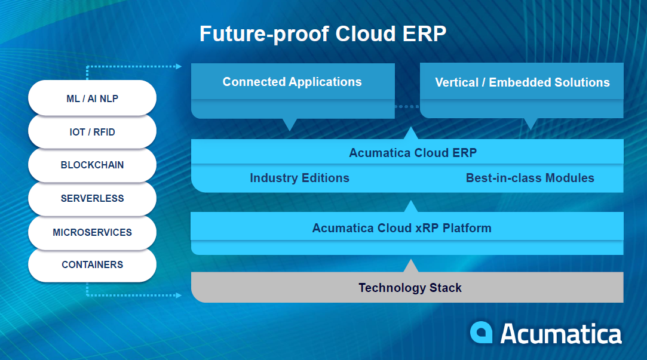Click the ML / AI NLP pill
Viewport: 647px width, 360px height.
pos(92,99)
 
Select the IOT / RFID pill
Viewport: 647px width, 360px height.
pos(92,132)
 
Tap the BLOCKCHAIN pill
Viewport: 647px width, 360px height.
pos(92,165)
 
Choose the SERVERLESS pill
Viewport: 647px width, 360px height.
pos(92,199)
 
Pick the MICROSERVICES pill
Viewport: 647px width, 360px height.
pos(92,232)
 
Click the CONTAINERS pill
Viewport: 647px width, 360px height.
pos(92,264)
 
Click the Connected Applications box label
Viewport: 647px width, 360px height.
pos(292,82)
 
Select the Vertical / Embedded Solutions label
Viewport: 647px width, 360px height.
pos(522,82)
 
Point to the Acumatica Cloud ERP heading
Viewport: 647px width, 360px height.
pos(413,153)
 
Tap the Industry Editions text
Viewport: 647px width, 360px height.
pos(299,178)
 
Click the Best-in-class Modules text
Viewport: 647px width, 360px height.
pos(530,178)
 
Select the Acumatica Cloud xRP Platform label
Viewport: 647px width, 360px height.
pos(401,228)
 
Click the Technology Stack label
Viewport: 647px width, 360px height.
pos(410,288)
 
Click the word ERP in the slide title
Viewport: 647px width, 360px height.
pos(425,33)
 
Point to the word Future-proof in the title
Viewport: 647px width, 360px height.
pos(263,33)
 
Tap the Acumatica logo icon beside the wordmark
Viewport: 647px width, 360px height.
pos(481,333)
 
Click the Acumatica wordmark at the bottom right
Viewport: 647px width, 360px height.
pos(560,333)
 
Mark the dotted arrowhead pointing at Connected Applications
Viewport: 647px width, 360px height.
pos(179,66)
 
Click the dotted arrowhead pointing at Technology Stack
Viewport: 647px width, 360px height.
pos(179,295)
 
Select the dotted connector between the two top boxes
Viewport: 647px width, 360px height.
pos(407,107)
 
